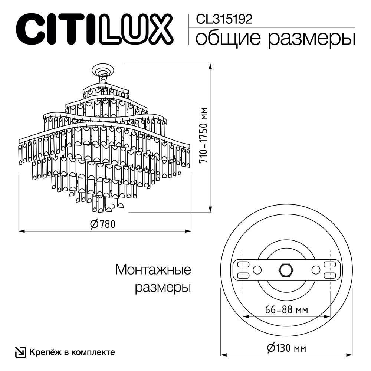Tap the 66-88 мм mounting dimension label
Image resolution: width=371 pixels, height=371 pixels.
pos(286,310)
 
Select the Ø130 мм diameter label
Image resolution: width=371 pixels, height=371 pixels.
pos(286,348)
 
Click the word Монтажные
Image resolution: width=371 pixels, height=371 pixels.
pos(153,270)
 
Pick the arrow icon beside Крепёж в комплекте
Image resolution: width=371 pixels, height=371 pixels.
pos(20,352)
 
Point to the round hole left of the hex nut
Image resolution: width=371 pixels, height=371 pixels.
pos(257,269)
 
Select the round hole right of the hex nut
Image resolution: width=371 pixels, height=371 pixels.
pos(315,269)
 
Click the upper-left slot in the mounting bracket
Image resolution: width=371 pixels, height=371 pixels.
pos(243,264)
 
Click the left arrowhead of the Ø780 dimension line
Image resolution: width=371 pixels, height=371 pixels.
pos(21,231)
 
